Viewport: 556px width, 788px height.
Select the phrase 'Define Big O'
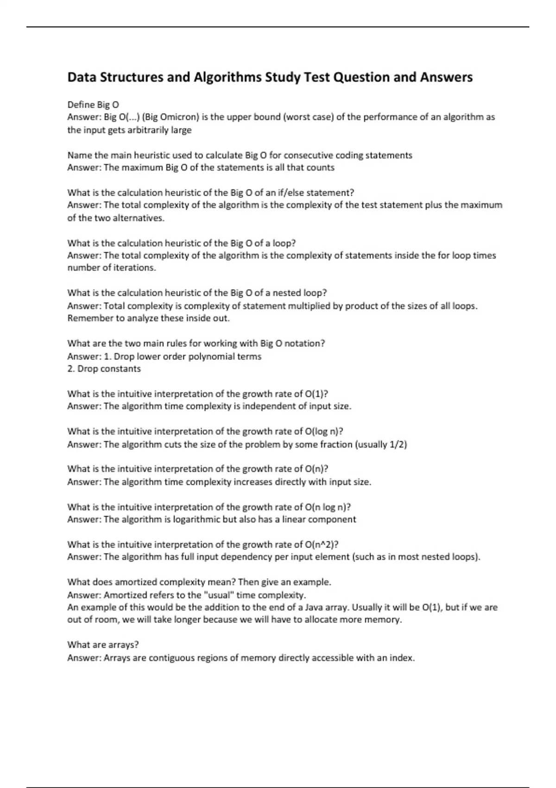pos(93,105)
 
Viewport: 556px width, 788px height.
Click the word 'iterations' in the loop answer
pos(134,268)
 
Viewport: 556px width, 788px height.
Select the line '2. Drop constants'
pos(104,369)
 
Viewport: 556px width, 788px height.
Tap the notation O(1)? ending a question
pos(316,394)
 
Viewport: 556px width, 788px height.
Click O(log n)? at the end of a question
pos(324,432)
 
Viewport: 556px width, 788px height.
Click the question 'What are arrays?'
pos(103,645)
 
